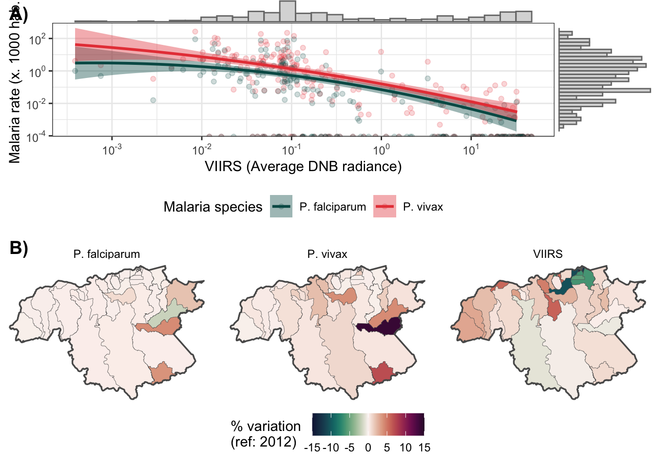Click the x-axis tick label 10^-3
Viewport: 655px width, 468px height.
tap(112, 150)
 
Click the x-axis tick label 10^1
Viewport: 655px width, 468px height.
tap(471, 150)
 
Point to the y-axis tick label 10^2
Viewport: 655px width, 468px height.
tap(37, 39)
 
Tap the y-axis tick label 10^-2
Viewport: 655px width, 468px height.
tap(36, 104)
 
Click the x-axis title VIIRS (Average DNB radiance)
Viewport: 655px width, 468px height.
tap(303, 167)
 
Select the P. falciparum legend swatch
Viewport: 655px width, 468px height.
tap(281, 206)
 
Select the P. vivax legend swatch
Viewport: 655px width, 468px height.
tap(385, 206)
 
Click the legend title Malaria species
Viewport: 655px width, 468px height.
tap(213, 207)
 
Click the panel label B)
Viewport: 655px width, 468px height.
tap(19, 248)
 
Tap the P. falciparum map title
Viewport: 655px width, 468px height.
tap(107, 254)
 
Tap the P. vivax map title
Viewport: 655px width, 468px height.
tap(327, 254)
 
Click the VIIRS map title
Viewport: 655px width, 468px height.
tap(548, 254)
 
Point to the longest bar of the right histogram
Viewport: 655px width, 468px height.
tap(604, 90)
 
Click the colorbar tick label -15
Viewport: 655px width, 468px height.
tap(312, 448)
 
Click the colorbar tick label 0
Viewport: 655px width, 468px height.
tap(368, 448)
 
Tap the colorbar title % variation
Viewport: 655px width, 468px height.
tap(266, 426)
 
